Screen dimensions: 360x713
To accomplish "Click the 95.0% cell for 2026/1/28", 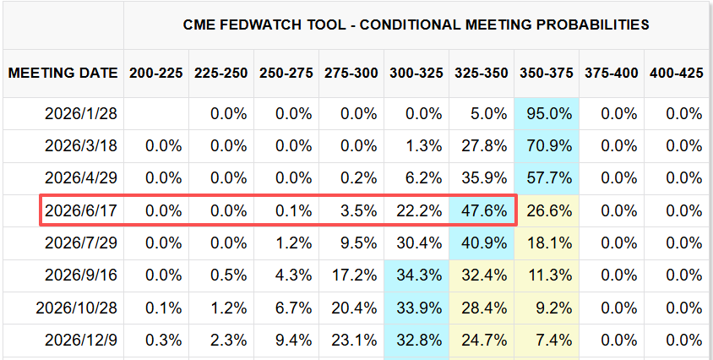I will coord(546,113).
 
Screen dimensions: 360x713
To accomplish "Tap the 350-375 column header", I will coord(546,73).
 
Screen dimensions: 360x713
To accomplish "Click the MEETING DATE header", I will coord(63,73).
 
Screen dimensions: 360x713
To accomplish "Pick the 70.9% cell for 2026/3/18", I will coord(546,145).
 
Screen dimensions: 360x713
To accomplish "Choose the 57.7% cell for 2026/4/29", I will coord(546,178).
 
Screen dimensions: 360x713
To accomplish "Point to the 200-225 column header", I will coord(155,73).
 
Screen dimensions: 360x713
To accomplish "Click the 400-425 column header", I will coord(677,73).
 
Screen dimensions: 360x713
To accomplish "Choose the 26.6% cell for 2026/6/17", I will coord(546,210).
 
